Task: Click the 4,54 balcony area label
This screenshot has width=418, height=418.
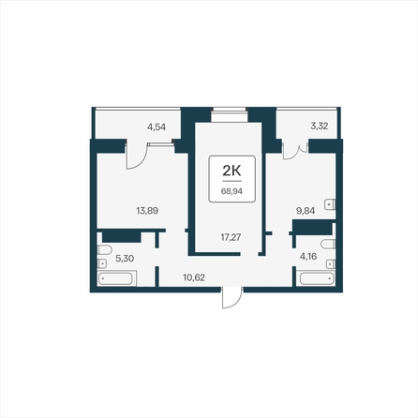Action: coord(157,127)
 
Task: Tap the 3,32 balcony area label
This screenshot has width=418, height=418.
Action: coord(319,126)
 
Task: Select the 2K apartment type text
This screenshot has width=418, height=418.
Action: coord(231,171)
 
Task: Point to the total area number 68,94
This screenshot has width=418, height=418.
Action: coord(231,191)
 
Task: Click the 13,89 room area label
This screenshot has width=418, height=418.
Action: coord(147,211)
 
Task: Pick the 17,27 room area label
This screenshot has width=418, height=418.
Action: coord(231,237)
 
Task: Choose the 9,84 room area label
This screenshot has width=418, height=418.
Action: coord(306,211)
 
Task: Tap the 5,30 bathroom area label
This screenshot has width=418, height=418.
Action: coord(125,259)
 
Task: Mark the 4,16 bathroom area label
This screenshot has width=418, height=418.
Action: coord(308,257)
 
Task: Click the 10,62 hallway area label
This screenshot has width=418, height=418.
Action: coord(194,277)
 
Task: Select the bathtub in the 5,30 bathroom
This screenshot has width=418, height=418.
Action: coord(117,278)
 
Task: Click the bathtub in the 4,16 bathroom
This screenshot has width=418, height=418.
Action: coord(318,278)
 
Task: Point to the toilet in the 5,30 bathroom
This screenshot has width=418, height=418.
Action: coord(104,250)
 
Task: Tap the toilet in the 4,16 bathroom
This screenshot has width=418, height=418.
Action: coord(328,244)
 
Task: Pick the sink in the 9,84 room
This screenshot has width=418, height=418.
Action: coord(330,204)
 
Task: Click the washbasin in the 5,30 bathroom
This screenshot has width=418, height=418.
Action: coord(102,263)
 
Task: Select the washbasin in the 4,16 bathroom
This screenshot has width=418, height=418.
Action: coord(331,264)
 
